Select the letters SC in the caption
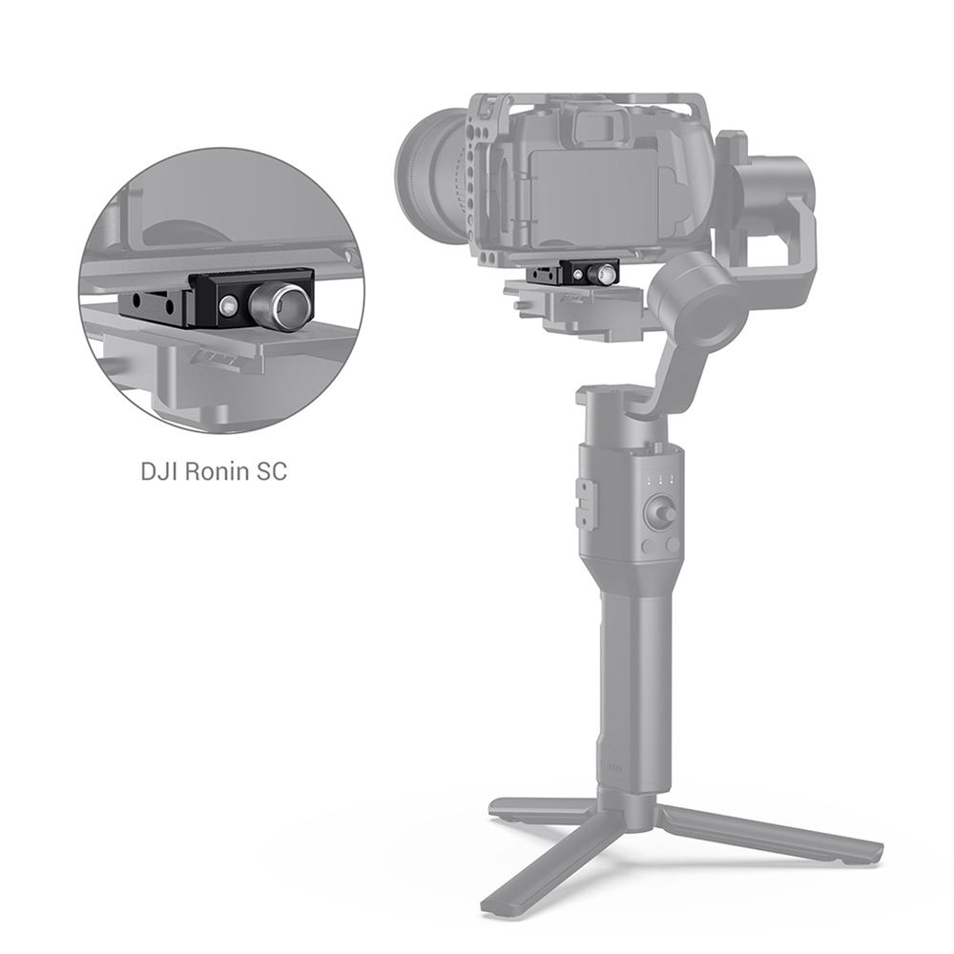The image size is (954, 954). (271, 471)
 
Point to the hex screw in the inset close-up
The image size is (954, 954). (229, 303)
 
